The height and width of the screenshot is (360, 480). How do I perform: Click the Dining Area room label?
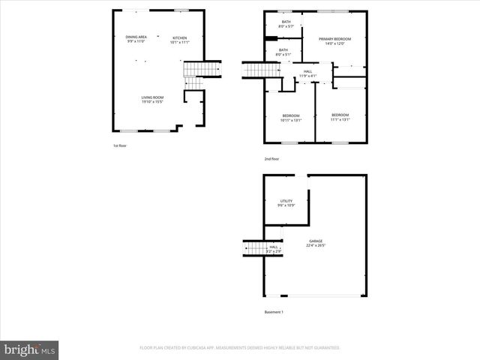click(x=135, y=37)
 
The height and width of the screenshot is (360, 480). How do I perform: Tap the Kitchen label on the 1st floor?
click(x=180, y=37)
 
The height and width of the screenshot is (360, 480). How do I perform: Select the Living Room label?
click(x=153, y=97)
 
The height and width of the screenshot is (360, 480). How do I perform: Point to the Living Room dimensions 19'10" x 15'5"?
click(x=153, y=102)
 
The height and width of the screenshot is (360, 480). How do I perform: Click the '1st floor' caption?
click(x=120, y=145)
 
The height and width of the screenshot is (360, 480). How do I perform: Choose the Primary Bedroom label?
click(x=334, y=38)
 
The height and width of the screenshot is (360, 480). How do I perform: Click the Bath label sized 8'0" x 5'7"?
click(x=285, y=22)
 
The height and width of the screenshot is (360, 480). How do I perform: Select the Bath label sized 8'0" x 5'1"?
click(x=282, y=50)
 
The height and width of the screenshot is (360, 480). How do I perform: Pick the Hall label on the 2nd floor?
click(x=307, y=72)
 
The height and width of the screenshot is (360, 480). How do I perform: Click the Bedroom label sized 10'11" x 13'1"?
click(x=290, y=115)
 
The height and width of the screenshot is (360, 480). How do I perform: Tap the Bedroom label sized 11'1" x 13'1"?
click(x=340, y=115)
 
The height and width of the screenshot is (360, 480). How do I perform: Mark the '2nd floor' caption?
click(x=271, y=159)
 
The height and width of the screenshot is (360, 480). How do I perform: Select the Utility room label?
click(x=286, y=201)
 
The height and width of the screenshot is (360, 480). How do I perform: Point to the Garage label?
click(x=315, y=241)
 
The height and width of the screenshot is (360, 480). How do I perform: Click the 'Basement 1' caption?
click(x=274, y=312)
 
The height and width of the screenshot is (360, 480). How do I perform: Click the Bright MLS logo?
click(x=30, y=349)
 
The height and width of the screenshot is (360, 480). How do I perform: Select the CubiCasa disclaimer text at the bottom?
click(x=240, y=348)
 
